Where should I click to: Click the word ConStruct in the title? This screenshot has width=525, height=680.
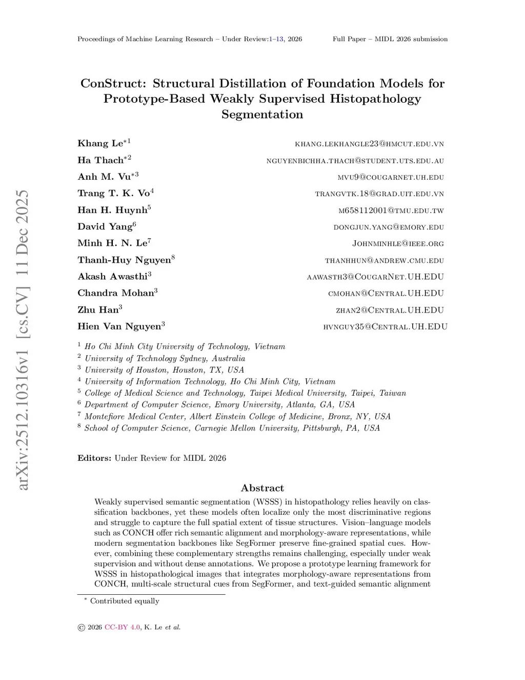click(x=113, y=83)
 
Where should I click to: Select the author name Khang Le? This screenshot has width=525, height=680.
click(x=100, y=143)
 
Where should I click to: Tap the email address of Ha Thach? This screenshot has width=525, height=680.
click(x=355, y=161)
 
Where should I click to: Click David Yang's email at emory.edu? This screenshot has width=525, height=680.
click(x=389, y=227)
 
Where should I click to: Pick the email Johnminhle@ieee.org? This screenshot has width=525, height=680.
click(x=398, y=243)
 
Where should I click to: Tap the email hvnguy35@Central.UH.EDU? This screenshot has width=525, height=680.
click(x=385, y=326)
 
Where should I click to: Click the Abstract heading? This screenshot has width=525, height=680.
click(x=262, y=488)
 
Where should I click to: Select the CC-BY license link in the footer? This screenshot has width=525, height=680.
click(x=122, y=627)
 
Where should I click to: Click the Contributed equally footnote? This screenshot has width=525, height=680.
click(x=125, y=601)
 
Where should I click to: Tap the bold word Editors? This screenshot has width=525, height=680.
click(x=94, y=458)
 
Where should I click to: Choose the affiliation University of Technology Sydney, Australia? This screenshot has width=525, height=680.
click(x=165, y=358)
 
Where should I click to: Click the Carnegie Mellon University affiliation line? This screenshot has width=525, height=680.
click(x=232, y=428)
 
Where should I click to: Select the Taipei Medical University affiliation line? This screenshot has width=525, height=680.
click(x=245, y=393)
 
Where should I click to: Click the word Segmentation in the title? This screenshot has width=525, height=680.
click(x=262, y=114)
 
